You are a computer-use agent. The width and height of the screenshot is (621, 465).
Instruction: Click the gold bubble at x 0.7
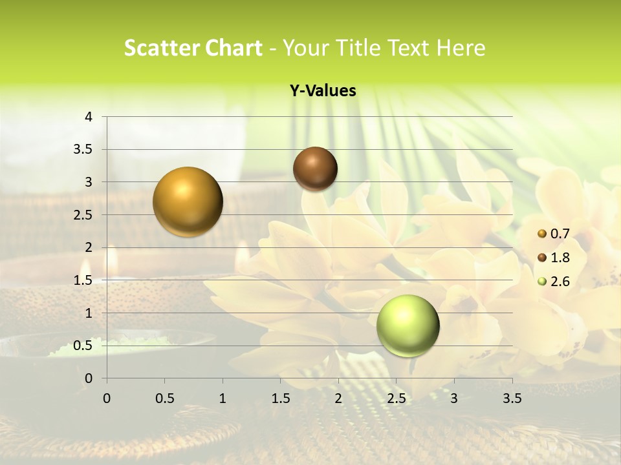point(188,201)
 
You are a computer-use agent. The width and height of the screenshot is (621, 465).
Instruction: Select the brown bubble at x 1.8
point(315,169)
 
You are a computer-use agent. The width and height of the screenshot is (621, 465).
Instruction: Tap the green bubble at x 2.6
point(408,325)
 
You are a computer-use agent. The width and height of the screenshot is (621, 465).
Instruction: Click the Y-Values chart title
point(322,91)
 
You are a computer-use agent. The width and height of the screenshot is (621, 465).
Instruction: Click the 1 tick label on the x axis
point(223,398)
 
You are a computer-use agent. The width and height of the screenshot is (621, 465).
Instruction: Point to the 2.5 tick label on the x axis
point(396,398)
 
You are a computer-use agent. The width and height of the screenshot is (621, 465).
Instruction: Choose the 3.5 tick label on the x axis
point(512,398)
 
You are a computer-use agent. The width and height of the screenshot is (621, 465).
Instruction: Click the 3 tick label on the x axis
point(454,398)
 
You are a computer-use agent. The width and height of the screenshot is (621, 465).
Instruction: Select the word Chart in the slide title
point(232,48)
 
